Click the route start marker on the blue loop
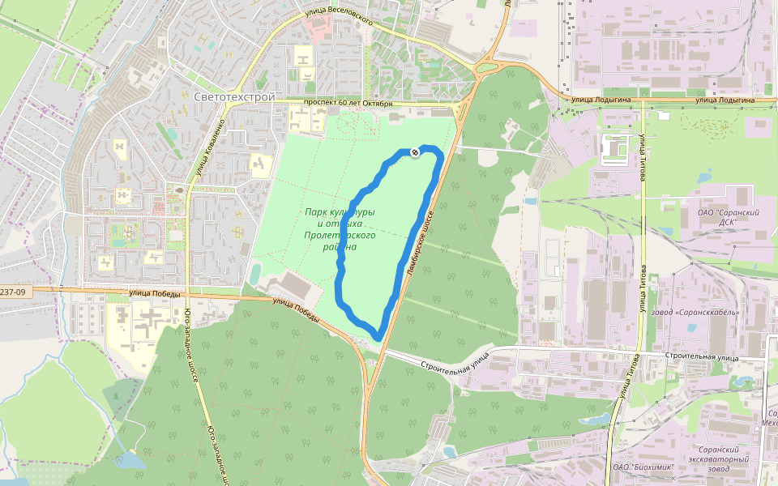[x=415, y=152]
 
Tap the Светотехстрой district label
[x=234, y=97]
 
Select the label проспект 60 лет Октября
[x=348, y=104]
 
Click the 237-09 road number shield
[x=12, y=292]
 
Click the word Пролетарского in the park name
[x=340, y=235]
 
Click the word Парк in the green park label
[x=317, y=212]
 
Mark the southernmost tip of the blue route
[x=378, y=337]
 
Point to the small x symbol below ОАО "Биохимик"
[x=672, y=479]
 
